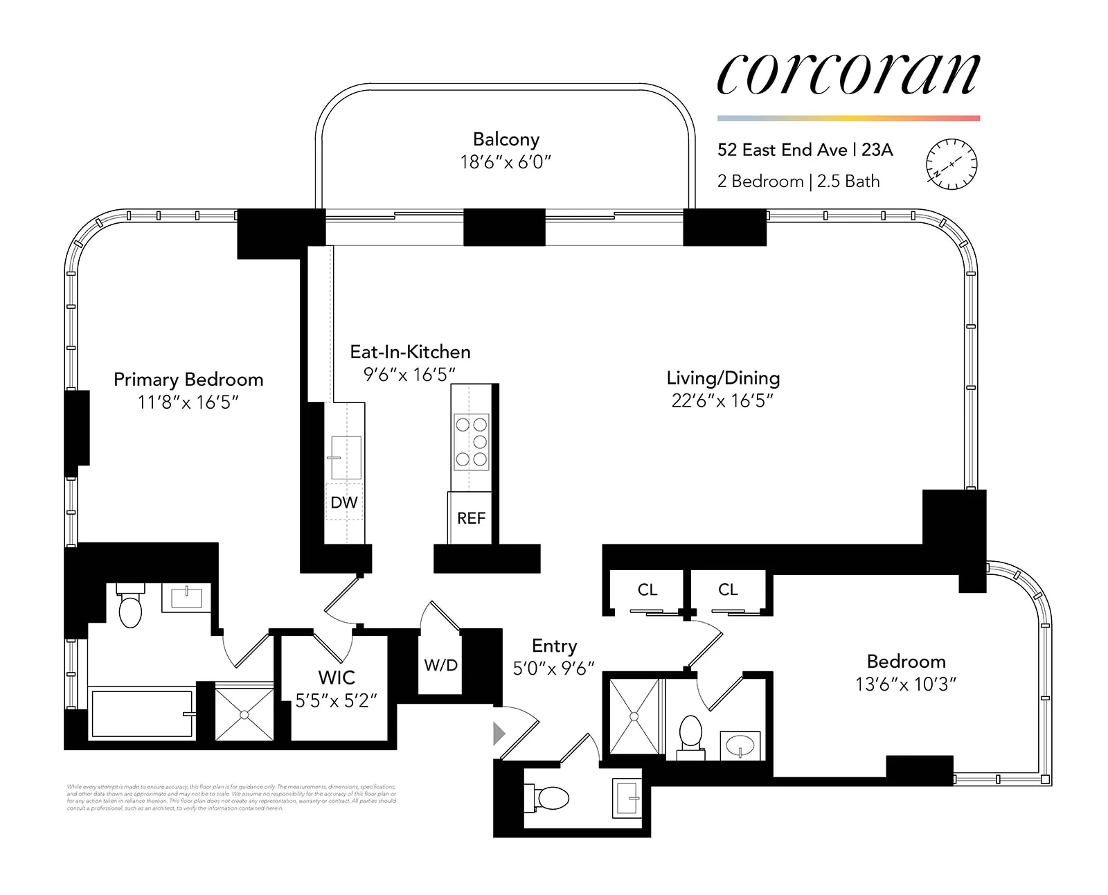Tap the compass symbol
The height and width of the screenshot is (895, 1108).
(x=951, y=165)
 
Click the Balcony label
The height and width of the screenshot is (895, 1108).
(x=506, y=139)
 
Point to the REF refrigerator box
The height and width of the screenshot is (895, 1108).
(x=471, y=517)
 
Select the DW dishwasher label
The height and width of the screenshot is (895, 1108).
(x=344, y=502)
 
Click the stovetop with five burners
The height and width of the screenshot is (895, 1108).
(x=471, y=442)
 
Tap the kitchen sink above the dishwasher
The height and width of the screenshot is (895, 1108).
(x=346, y=457)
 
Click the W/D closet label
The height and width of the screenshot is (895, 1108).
(x=440, y=665)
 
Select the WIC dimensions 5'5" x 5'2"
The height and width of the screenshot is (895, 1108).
(x=336, y=700)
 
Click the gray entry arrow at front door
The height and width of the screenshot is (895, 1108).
(x=499, y=733)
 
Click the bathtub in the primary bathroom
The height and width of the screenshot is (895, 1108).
(x=142, y=714)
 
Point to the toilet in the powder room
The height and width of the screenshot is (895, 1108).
(x=549, y=798)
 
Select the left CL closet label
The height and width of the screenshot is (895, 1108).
(x=647, y=590)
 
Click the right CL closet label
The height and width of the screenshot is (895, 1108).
(x=728, y=590)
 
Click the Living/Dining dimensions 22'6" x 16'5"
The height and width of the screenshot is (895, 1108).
(x=722, y=400)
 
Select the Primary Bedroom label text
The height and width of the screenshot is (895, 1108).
(x=188, y=380)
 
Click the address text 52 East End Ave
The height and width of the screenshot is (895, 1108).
(x=782, y=150)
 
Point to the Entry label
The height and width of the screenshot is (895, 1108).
(x=554, y=646)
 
